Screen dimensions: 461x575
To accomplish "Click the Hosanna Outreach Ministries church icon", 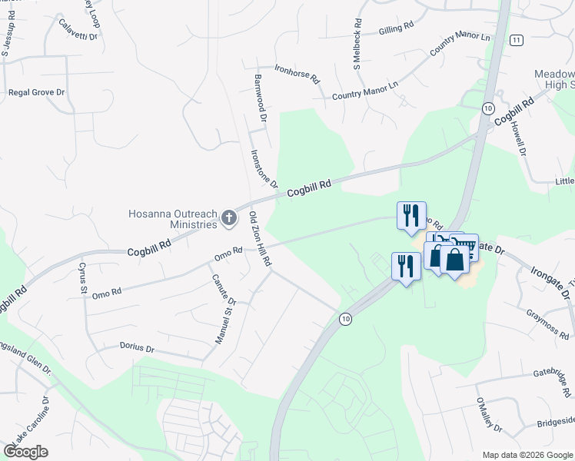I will click(x=228, y=219).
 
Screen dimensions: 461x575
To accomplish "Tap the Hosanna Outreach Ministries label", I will click(x=174, y=218).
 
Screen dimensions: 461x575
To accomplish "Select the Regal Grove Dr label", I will click(x=36, y=92).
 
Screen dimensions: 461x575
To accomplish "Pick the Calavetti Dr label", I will click(x=78, y=29).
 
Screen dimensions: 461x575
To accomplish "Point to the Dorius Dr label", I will click(x=137, y=348).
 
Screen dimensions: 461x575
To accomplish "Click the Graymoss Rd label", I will click(x=550, y=323).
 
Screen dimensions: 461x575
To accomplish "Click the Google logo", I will click(x=26, y=452).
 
